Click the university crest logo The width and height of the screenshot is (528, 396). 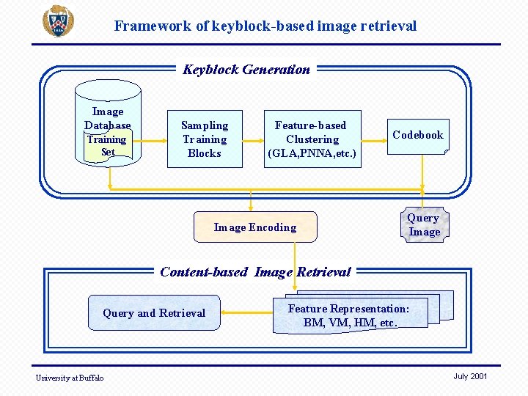pyautogui.click(x=57, y=21)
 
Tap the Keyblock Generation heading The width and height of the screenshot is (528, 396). pyautogui.click(x=246, y=70)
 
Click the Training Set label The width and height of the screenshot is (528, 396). pyautogui.click(x=107, y=145)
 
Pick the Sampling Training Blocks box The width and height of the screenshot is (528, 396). pyautogui.click(x=205, y=139)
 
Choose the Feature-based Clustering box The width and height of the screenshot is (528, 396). pyautogui.click(x=312, y=139)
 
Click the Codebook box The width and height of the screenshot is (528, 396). pyautogui.click(x=417, y=135)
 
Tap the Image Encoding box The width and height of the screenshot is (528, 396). pyautogui.click(x=254, y=227)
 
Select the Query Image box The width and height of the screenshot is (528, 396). pyautogui.click(x=424, y=225)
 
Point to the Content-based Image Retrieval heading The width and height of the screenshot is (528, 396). pyautogui.click(x=255, y=272)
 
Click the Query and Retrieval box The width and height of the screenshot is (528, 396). pyautogui.click(x=154, y=313)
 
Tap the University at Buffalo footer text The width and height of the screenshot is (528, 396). pyautogui.click(x=70, y=378)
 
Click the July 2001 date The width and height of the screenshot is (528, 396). pyautogui.click(x=470, y=376)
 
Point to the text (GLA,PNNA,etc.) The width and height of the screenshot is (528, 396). pyautogui.click(x=312, y=153)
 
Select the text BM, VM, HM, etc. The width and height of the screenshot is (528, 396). pyautogui.click(x=350, y=323)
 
